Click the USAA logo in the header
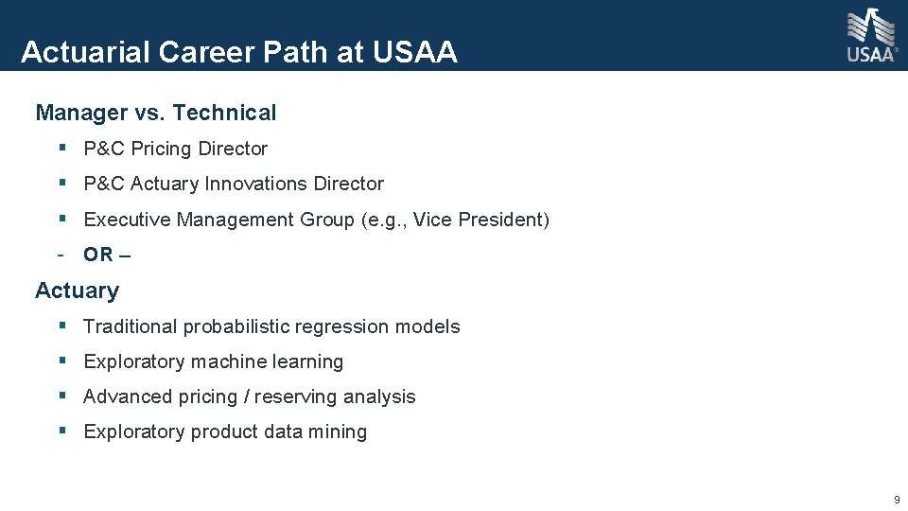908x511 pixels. (x=870, y=35)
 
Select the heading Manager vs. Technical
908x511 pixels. (x=156, y=113)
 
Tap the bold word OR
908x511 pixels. (x=98, y=255)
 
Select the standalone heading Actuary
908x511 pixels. (x=77, y=291)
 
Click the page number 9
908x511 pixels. (x=897, y=500)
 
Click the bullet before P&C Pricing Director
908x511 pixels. (x=61, y=149)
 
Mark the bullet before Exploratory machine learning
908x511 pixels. (x=61, y=361)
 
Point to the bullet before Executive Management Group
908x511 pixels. (x=61, y=220)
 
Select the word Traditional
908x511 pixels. (x=131, y=326)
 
